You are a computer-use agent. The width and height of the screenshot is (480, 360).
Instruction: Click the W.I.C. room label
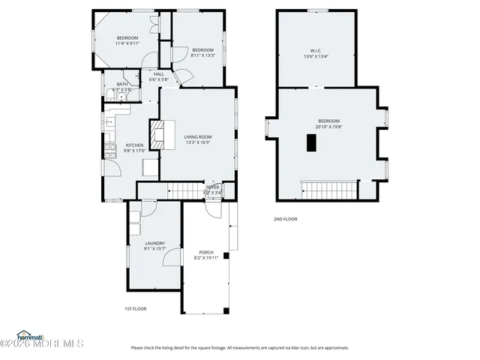(x=316, y=51)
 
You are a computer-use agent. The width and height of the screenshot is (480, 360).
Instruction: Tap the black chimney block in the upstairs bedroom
(x=310, y=143)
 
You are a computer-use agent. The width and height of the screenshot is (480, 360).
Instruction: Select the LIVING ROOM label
(x=198, y=136)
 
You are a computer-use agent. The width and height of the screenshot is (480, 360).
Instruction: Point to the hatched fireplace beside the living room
(x=157, y=136)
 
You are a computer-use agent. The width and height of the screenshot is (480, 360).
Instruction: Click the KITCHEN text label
(x=134, y=145)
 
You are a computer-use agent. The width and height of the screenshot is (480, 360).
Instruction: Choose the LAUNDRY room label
(x=154, y=243)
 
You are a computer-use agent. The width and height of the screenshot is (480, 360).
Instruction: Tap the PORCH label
(x=206, y=252)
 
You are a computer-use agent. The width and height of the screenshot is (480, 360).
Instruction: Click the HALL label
(x=159, y=74)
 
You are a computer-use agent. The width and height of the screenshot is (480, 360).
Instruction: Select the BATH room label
(x=121, y=84)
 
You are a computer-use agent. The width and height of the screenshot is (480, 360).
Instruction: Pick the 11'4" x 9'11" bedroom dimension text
(x=127, y=43)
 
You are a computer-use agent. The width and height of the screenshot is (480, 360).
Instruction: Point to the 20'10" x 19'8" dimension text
(x=328, y=127)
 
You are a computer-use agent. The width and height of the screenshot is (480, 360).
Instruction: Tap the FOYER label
(x=213, y=187)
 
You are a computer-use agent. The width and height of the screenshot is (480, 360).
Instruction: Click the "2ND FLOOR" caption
(x=285, y=219)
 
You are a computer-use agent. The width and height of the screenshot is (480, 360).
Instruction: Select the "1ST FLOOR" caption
(x=135, y=309)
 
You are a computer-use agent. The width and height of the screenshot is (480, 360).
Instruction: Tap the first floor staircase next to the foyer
(x=185, y=190)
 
